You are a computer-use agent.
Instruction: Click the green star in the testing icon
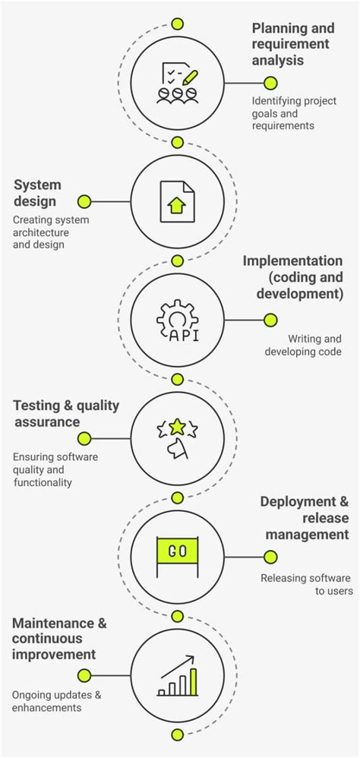coord(177,427)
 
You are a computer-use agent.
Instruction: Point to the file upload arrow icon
coord(177,202)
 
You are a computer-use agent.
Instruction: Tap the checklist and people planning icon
coord(177,83)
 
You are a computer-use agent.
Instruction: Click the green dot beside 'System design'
coord(84,202)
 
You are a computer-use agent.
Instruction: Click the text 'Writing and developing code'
coord(303,345)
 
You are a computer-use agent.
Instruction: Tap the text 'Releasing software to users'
coord(305,584)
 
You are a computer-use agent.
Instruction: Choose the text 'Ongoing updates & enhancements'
coord(56,700)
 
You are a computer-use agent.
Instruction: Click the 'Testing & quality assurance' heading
coord(67,413)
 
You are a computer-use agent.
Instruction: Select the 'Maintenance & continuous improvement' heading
coord(59,638)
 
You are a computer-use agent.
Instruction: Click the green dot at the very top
coord(177,24)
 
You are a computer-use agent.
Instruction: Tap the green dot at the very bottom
coord(177,734)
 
